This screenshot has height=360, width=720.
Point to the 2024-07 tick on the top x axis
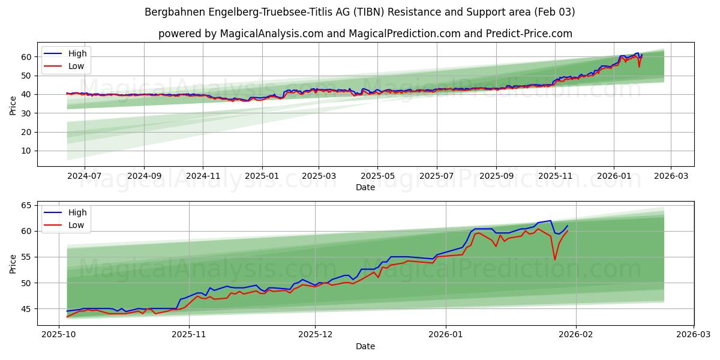[85, 175]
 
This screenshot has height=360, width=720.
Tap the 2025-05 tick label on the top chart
[377, 175]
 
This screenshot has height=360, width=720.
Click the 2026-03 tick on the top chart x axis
[670, 175]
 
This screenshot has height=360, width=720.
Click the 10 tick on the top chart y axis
[26, 151]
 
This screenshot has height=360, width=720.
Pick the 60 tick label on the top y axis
[26, 57]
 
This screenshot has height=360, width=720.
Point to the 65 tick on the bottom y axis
[26, 205]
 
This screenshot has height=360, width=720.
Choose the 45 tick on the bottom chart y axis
[26, 309]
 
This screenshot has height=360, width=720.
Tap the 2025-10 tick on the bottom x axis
[59, 334]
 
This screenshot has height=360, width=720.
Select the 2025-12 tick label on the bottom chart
[316, 334]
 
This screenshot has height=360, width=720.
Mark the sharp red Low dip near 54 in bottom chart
[554, 259]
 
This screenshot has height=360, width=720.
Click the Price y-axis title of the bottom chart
[13, 263]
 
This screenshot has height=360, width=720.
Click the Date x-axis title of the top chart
[365, 187]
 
